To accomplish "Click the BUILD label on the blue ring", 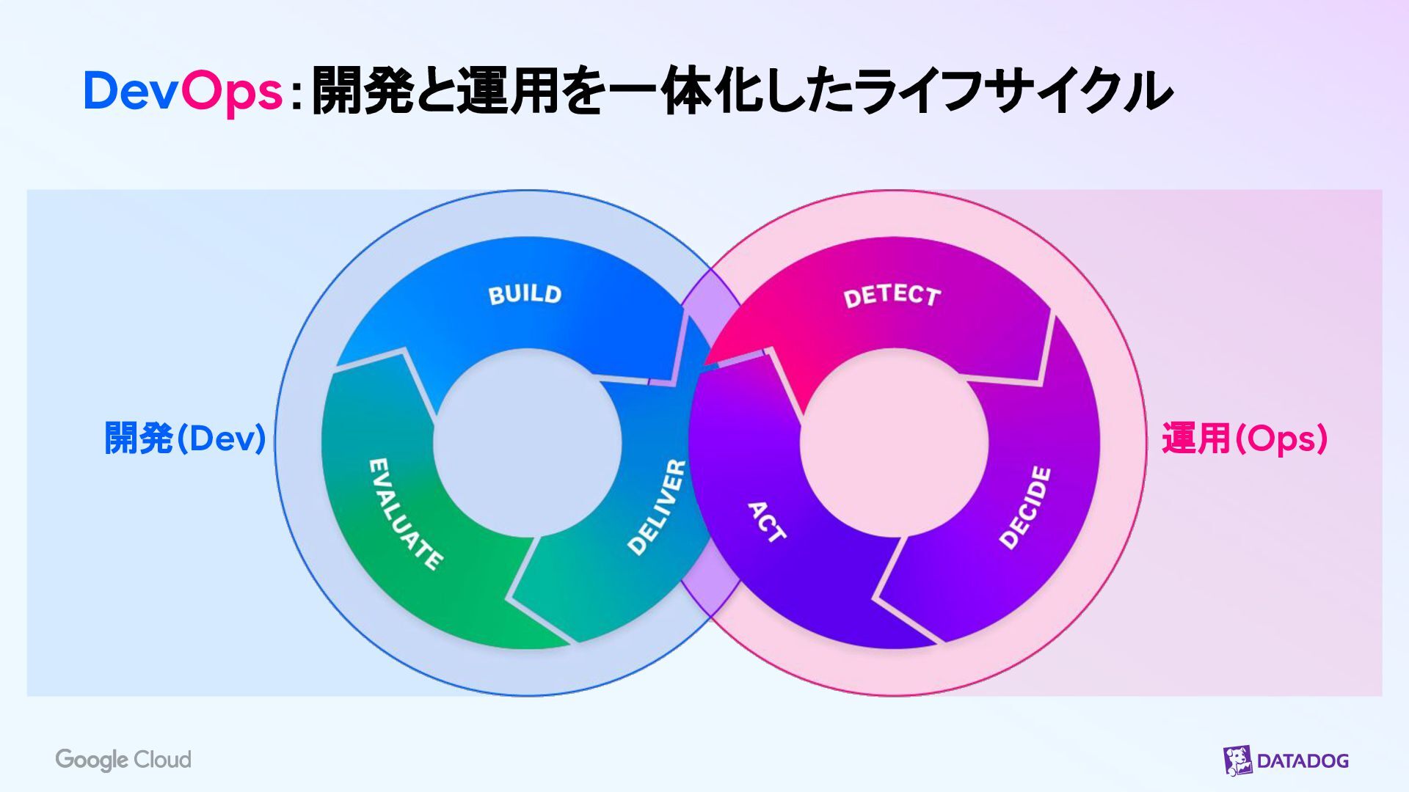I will tap(525, 294).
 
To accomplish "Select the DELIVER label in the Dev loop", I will tap(657, 507).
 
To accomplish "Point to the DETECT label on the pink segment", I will tap(892, 296).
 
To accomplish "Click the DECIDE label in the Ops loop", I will tap(1025, 507).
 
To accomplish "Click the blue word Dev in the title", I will tap(131, 92).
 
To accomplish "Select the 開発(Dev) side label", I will tap(185, 439).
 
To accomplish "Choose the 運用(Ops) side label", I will tap(1245, 439).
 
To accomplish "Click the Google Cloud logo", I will tap(123, 760).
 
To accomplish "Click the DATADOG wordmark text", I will tap(1303, 761).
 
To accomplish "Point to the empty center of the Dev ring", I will tap(527, 443).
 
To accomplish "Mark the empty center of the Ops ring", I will tap(894, 443).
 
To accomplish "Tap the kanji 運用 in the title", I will tap(507, 92).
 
